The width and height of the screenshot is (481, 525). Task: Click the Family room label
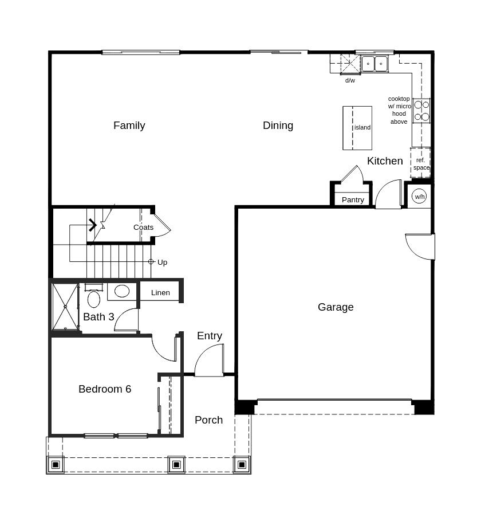coord(129,126)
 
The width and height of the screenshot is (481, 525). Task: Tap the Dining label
coord(278,126)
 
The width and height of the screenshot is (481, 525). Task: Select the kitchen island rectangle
coord(357,128)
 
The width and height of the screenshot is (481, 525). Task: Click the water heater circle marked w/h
coord(420,197)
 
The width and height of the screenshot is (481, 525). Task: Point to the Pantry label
coord(353,200)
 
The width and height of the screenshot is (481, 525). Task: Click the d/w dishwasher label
coord(350,81)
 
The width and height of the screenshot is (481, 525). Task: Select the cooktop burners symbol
coord(421,111)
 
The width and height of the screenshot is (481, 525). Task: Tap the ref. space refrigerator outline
coord(421,163)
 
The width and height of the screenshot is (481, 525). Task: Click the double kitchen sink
coord(374,62)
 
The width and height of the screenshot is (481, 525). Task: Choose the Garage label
coord(336,307)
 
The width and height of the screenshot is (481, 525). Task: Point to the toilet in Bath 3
coord(94,298)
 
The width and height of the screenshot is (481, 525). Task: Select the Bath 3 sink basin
coord(122,291)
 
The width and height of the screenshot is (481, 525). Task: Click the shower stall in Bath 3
coord(65,307)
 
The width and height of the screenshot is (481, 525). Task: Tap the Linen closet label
coord(160,293)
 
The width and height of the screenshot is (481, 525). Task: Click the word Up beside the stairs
coord(163,262)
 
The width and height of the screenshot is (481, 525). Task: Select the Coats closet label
coord(143,228)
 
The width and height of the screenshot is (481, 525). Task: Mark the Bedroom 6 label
coord(105,389)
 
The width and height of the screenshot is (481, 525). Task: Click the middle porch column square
coord(176,464)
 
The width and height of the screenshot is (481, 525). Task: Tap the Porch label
coord(208,420)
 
